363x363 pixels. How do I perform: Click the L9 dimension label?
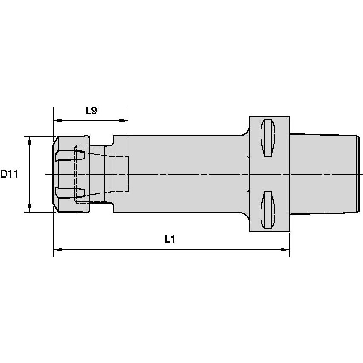pos(91,111)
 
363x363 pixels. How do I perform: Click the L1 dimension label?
pos(170,239)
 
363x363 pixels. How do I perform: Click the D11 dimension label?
pos(9,174)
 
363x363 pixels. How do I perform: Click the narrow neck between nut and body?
pos(101,174)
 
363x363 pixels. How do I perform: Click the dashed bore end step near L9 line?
pos(128,174)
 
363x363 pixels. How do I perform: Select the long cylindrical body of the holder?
pos(183,174)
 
